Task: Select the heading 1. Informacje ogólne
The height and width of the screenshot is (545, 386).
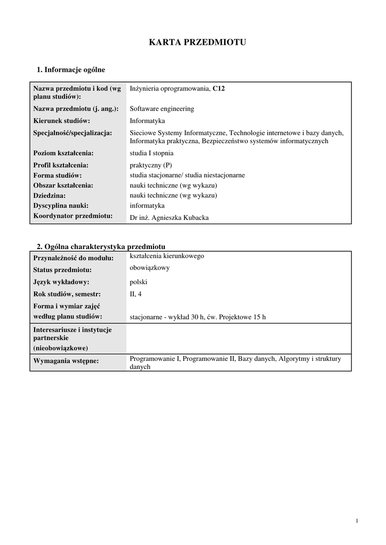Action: (x=71, y=70)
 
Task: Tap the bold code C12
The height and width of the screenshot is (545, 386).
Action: (x=219, y=89)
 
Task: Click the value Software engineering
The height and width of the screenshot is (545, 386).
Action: (x=162, y=109)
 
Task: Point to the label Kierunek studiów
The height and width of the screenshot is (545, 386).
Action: (x=61, y=121)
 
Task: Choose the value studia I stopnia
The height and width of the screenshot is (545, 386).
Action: (x=151, y=153)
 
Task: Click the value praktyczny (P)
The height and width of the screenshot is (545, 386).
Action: (x=151, y=165)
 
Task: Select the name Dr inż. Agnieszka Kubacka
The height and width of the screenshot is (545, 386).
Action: (x=170, y=217)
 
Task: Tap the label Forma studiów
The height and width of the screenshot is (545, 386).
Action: (x=57, y=175)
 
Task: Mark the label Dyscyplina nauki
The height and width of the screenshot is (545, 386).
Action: (x=61, y=205)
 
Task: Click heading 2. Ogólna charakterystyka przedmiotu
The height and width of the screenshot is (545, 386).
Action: (x=101, y=246)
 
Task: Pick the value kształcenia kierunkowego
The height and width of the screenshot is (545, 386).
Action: (x=167, y=256)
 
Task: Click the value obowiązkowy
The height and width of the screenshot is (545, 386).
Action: (x=150, y=268)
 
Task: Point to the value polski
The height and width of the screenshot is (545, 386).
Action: (x=139, y=282)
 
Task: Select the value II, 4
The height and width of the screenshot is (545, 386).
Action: (x=136, y=294)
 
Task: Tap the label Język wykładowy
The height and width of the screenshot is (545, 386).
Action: (x=61, y=282)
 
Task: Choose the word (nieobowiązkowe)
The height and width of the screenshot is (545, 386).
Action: (x=61, y=348)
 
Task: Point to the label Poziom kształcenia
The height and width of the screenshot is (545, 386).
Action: (x=63, y=153)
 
